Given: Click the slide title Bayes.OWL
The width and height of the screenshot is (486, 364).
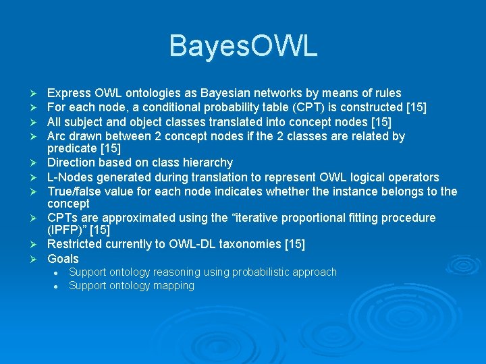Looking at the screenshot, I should point(243,47).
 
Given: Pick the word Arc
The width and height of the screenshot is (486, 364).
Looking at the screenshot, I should point(57,136).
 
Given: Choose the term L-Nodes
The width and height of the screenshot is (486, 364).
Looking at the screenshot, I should point(70,177).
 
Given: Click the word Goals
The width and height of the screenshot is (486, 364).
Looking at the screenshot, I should point(63,259).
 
